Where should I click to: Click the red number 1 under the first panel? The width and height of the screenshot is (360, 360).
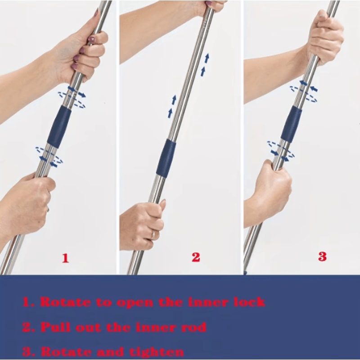tap(65, 258)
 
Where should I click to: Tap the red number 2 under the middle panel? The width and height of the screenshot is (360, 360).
tap(196, 257)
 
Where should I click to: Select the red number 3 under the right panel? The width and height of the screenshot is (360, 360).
tap(322, 256)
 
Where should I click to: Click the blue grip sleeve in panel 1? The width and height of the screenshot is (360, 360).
tap(59, 127)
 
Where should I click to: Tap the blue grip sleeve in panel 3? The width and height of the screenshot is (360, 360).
tap(292, 124)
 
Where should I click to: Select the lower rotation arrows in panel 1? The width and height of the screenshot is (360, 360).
tap(48, 156)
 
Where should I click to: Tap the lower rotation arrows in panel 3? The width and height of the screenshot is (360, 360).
tap(280, 150)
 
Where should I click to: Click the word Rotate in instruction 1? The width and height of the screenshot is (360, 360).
tap(66, 302)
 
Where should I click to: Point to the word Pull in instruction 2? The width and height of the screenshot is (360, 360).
tap(58, 327)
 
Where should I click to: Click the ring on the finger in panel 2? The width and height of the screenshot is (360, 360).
tap(153, 234)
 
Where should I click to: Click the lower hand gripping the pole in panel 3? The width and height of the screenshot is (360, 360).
tap(269, 189)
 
